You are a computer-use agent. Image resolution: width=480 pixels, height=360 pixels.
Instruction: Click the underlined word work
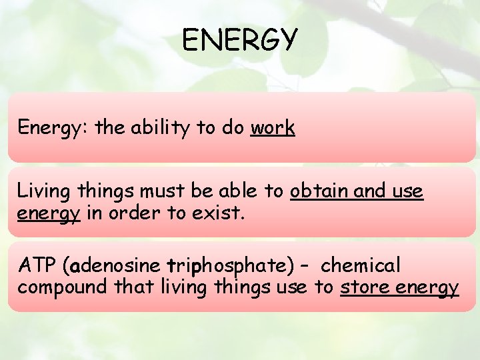pyautogui.click(x=273, y=127)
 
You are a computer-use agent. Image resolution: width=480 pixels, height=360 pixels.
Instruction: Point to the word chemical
pyautogui.click(x=361, y=266)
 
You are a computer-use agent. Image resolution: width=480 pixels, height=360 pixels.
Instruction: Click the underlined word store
pyautogui.click(x=365, y=287)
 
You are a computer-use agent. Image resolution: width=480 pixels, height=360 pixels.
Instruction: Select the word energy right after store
pyautogui.click(x=427, y=289)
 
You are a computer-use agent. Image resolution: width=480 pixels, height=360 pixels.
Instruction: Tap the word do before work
pyautogui.click(x=233, y=127)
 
